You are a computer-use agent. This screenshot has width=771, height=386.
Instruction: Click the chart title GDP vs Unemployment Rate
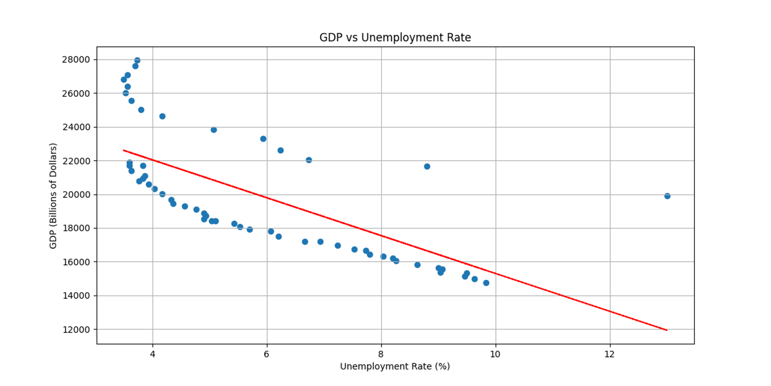[x=395, y=37]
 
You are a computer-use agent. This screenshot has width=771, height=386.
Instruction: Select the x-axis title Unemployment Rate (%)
[x=395, y=366]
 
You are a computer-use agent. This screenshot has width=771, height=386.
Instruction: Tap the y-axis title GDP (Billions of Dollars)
[x=53, y=196]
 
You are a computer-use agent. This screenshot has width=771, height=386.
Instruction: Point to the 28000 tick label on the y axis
[x=76, y=59]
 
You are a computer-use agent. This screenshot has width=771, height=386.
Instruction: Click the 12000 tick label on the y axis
[x=76, y=330]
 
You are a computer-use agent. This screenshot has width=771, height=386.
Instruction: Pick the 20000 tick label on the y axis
[x=76, y=195]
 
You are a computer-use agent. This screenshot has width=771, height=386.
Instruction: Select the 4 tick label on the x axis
[x=153, y=354]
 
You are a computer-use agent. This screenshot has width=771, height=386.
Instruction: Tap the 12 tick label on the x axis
[x=609, y=354]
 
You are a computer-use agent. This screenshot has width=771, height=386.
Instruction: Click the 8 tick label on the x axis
[x=381, y=354]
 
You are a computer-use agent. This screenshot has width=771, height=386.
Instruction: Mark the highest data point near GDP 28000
[x=137, y=61]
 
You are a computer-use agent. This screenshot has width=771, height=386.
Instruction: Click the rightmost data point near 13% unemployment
[x=667, y=196]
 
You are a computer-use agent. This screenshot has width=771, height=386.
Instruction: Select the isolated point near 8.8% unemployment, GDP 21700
[x=427, y=167]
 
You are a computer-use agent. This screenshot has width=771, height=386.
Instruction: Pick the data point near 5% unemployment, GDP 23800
[x=214, y=130]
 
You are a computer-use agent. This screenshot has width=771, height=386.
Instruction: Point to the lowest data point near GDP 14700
[x=486, y=283]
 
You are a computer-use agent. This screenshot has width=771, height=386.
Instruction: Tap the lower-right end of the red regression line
[x=667, y=330]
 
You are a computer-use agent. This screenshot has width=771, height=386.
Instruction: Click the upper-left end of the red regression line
[x=124, y=150]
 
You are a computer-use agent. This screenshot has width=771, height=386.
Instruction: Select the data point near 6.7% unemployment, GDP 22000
[x=309, y=160]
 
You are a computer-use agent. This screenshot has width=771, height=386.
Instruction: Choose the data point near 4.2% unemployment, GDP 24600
[x=162, y=116]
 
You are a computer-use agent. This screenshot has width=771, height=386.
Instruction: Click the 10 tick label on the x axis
[x=495, y=354]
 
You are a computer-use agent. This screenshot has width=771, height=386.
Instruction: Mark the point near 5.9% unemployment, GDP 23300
[x=263, y=139]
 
